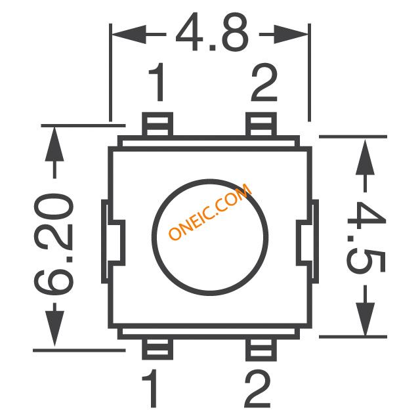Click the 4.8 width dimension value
[x=212, y=32]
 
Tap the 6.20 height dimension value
[x=54, y=244]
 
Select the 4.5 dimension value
[x=366, y=237]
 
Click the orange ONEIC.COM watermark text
[x=210, y=211]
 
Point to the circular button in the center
[x=210, y=238]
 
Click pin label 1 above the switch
[x=157, y=81]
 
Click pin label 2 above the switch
[x=264, y=81]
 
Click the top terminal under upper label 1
[x=157, y=124]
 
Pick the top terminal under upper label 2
[x=261, y=124]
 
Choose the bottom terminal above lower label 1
[x=157, y=349]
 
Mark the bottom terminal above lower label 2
[x=261, y=350]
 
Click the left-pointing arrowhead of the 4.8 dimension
[x=129, y=34]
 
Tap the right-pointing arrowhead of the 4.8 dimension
[x=291, y=34]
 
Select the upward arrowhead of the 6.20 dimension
[x=54, y=144]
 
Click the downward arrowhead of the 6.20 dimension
[x=54, y=328]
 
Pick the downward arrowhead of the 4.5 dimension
[x=365, y=319]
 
